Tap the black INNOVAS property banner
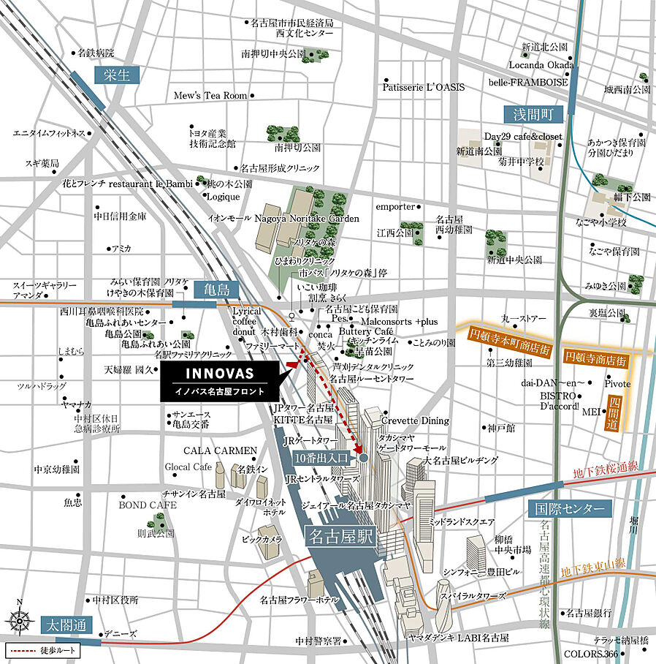coord(219,380)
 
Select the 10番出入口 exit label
coord(322,458)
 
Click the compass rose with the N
coord(20,620)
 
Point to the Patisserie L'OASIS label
coord(423,87)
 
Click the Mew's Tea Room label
coord(210,96)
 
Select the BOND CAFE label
coord(148,505)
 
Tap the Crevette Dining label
coord(415,420)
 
